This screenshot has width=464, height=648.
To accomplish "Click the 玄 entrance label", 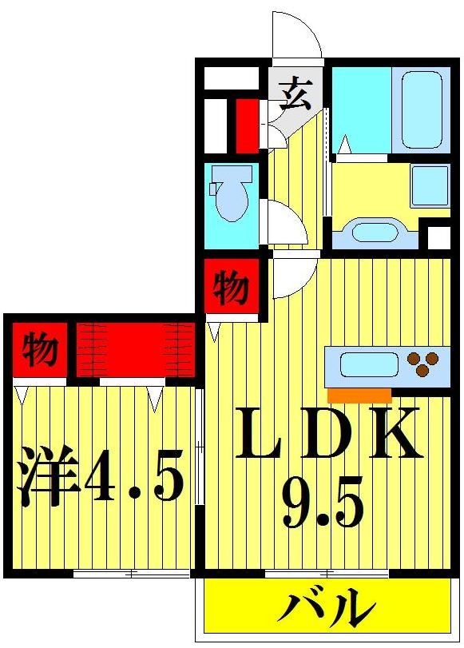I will click(295, 95).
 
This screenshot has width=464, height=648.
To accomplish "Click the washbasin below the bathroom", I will click(374, 233).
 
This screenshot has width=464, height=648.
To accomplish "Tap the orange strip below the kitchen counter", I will click(359, 395).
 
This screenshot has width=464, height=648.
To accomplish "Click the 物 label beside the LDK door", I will click(231, 287).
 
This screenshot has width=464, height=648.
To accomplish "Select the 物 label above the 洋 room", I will click(39, 349).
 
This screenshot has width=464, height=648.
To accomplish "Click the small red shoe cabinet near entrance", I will click(246, 125).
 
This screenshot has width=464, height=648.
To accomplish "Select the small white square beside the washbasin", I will click(438, 238).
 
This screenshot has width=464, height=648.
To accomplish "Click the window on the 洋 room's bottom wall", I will click(132, 573).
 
